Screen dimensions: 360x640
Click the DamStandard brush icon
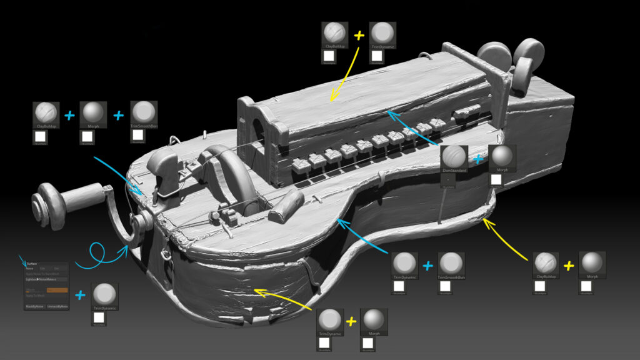coord(454,158)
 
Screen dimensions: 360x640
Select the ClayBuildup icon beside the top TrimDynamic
coord(334,34)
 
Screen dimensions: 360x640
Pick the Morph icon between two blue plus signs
coord(94,113)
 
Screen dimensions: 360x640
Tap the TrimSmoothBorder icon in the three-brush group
coord(144,113)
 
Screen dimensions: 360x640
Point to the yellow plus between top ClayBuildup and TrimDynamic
coord(359,36)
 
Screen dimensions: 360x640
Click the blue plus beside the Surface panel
coord(81,295)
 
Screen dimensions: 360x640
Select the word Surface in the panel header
coord(32,264)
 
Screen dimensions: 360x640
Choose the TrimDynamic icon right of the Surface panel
coord(105,295)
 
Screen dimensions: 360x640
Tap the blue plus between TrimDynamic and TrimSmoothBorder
coord(428,265)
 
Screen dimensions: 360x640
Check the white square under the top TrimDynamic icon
coord(376,56)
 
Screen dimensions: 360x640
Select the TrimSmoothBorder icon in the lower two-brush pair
coord(451,264)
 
